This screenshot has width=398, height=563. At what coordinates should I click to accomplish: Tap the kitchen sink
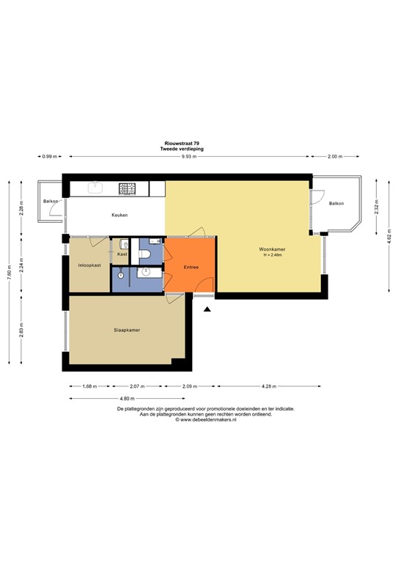[x=95, y=188]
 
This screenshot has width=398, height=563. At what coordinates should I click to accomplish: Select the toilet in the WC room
[x=145, y=254]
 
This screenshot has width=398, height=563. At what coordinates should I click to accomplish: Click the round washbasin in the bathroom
[x=146, y=272]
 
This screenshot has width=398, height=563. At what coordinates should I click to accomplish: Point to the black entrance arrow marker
[x=207, y=309]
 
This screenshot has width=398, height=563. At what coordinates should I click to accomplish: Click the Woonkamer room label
[x=272, y=249]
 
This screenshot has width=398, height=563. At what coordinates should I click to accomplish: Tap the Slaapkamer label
[x=127, y=330]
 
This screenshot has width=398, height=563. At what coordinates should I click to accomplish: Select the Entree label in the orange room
[x=191, y=267]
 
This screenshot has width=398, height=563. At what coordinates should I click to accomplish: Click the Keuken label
[x=120, y=215]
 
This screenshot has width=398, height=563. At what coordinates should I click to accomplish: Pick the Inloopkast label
[x=89, y=265]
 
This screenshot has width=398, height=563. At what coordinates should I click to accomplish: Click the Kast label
[x=122, y=254]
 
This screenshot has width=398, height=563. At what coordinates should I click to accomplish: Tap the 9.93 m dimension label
[x=189, y=157]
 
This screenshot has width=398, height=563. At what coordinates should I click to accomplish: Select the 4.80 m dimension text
[x=128, y=399]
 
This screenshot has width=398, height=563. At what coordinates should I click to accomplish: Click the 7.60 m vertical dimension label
[x=10, y=272]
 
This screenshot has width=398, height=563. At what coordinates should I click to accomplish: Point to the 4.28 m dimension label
[x=269, y=387]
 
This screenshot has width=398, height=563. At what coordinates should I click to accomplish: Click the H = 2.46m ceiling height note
[x=272, y=255]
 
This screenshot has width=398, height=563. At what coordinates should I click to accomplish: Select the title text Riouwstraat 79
[x=182, y=143]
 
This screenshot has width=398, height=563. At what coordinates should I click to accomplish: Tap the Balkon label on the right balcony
[x=336, y=203]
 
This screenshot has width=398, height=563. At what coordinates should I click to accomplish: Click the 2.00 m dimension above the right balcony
[x=335, y=157]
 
